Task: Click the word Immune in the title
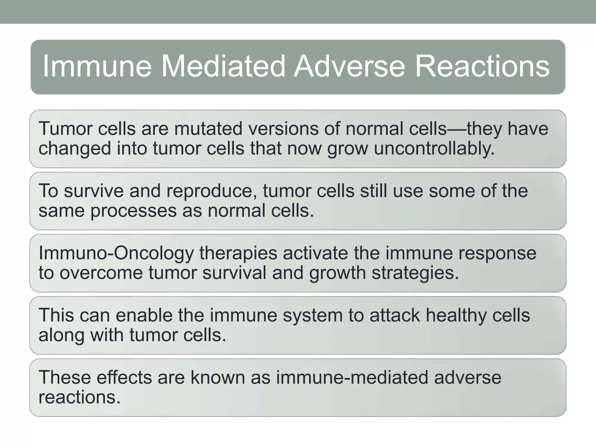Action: (97, 67)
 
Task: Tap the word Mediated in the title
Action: (223, 67)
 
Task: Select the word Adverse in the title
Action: (349, 67)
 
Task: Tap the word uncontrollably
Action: (434, 148)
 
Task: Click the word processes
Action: (134, 211)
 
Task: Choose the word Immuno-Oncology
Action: (116, 253)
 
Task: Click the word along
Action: (61, 335)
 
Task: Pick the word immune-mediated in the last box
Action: (352, 377)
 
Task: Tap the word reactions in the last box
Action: (79, 397)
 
